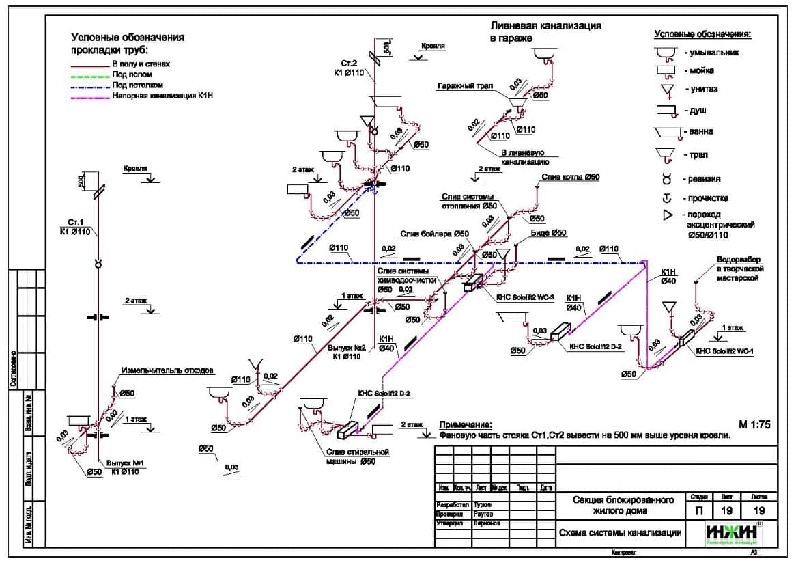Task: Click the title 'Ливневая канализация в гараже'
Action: coord(546,31)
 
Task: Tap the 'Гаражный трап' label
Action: coord(465,86)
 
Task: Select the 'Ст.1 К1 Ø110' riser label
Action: coord(79,227)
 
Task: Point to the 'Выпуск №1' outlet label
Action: coord(126,463)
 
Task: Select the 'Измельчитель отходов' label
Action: coord(167,370)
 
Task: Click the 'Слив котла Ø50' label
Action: coord(571,177)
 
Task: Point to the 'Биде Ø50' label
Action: coord(548,233)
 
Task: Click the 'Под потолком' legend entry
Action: coord(137,85)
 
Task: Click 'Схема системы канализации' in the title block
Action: coord(619,533)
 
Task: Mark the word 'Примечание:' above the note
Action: coord(465,424)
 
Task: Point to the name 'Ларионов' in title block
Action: coord(486,523)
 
